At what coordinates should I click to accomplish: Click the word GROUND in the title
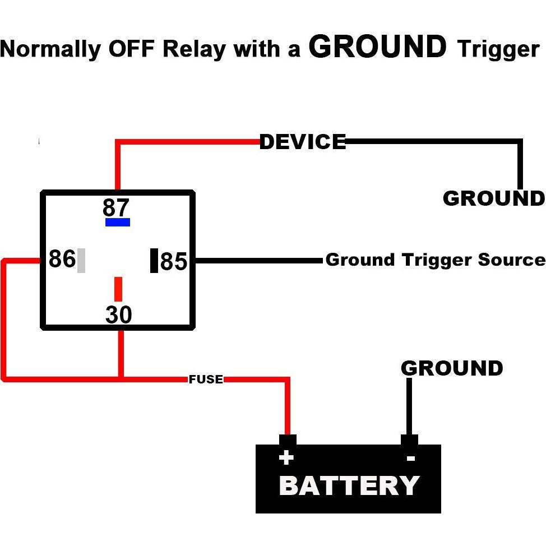pos(378,47)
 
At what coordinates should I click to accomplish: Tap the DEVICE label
pos(303,142)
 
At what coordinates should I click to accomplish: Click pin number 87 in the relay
pos(116,208)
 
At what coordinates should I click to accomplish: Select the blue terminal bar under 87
pos(118,222)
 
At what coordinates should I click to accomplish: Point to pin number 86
pos(62,260)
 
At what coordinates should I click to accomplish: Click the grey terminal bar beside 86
pos(81,260)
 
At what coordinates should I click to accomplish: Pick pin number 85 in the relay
pos(174,261)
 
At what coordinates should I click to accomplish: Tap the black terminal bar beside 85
pos(154,261)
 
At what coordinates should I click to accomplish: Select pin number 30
pos(119,315)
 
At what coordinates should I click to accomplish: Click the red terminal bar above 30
pos(118,289)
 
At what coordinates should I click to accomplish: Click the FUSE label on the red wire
pos(206,380)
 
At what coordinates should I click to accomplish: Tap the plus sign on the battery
pos(286,458)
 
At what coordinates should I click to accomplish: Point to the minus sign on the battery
pos(410,459)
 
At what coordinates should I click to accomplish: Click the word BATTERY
pos(349,485)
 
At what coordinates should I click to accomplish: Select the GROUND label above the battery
pos(452,368)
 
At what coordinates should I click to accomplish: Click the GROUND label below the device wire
pos(493,198)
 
